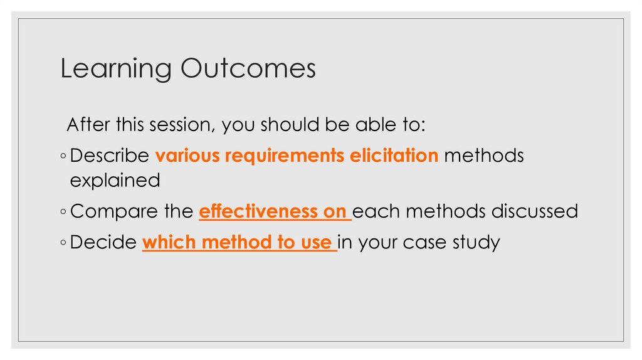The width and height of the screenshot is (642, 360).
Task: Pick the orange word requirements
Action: (x=281, y=156)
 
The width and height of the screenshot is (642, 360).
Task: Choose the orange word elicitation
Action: (x=391, y=156)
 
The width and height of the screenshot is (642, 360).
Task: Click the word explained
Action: (x=115, y=181)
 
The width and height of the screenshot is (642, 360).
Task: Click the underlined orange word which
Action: (x=165, y=242)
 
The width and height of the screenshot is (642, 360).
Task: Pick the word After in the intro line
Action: (x=88, y=124)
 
